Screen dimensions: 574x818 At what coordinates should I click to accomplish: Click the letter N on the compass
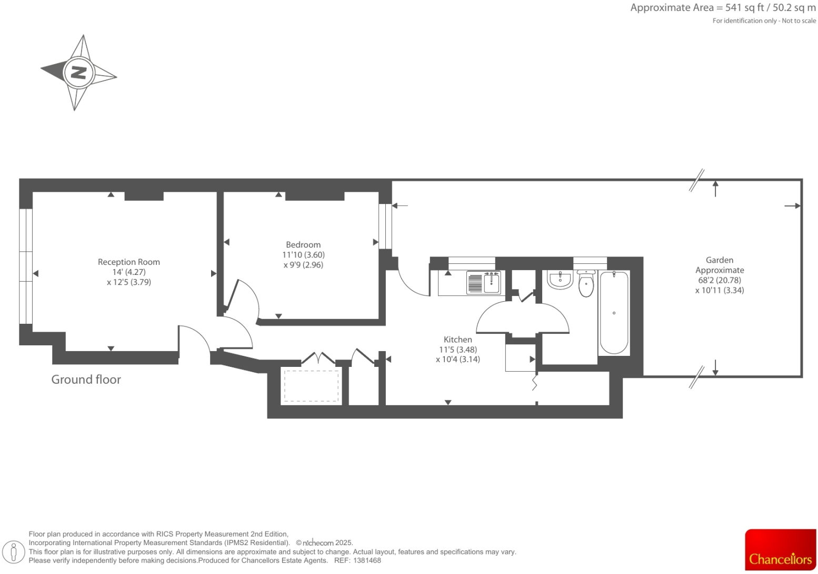[x=78, y=73]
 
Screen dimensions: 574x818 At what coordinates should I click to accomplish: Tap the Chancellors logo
[x=780, y=550]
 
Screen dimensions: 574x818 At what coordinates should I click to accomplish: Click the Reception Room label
[x=129, y=262]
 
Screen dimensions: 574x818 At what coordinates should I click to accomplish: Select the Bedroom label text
[x=303, y=244]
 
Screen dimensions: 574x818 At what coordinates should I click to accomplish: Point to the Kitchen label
[x=457, y=340]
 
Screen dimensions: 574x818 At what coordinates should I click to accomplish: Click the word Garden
[x=719, y=260]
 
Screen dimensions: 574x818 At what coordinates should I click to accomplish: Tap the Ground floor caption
[x=86, y=380]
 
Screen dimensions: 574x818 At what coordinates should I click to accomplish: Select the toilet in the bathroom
[x=586, y=284]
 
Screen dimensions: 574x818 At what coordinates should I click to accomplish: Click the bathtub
[x=614, y=313]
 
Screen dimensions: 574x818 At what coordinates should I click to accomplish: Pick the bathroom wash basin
[x=560, y=280]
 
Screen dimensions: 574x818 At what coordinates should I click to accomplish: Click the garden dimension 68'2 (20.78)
[x=719, y=280]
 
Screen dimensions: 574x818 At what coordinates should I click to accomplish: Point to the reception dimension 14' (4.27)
[x=129, y=272]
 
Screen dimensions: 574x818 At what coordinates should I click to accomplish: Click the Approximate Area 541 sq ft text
[x=723, y=8]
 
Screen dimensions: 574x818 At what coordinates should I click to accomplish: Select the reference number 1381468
[x=367, y=560]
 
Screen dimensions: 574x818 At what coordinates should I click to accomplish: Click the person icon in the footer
[x=14, y=552]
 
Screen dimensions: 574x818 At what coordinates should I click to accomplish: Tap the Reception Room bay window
[x=26, y=266]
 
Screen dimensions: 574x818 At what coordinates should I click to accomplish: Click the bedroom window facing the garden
[x=385, y=226]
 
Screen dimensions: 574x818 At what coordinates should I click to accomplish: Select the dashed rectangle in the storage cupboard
[x=312, y=386]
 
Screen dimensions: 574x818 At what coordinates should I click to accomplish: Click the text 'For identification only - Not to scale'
[x=764, y=21]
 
